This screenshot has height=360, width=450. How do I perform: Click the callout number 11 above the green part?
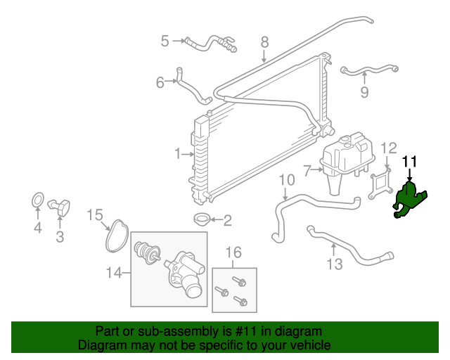pyautogui.click(x=410, y=162)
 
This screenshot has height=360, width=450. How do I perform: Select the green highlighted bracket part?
pyautogui.click(x=408, y=199)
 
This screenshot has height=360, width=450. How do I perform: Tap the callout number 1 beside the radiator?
pyautogui.click(x=179, y=153)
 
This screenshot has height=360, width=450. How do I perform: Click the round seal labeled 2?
pyautogui.click(x=201, y=219)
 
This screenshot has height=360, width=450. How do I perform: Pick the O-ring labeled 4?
pyautogui.click(x=38, y=202)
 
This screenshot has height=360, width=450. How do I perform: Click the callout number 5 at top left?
pyautogui.click(x=165, y=41)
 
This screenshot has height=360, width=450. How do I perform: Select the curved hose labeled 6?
pyautogui.click(x=191, y=89)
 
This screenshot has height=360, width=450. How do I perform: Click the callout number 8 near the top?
pyautogui.click(x=265, y=42)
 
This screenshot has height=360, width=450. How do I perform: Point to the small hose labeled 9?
pyautogui.click(x=369, y=70)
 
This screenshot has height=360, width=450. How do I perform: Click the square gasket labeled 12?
pyautogui.click(x=380, y=181)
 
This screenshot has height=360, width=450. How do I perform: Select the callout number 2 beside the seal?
pyautogui.click(x=227, y=221)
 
